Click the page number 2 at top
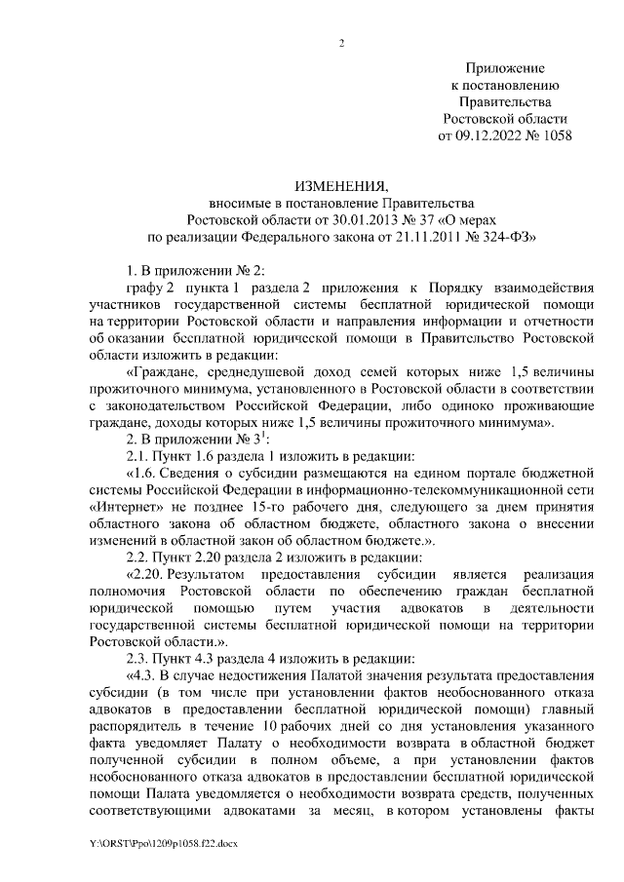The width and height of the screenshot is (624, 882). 341,42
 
